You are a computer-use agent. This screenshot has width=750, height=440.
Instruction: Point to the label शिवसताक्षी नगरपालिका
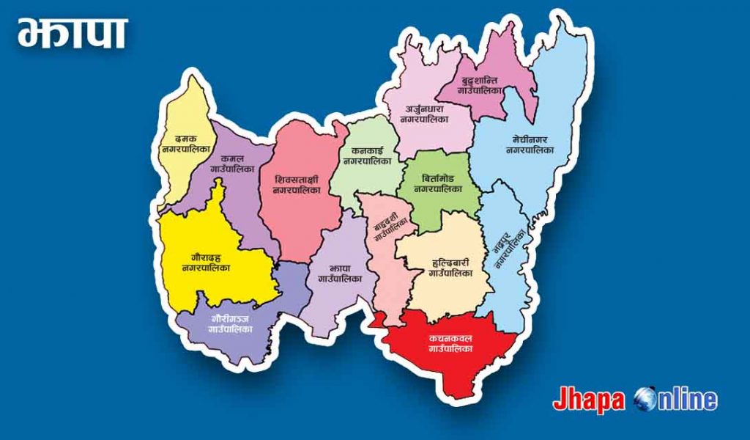297,184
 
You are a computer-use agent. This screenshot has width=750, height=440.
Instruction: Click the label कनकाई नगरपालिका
366,155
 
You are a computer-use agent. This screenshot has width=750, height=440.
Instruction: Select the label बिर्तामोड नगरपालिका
437,183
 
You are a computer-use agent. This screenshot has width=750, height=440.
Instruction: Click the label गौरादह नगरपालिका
207,263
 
